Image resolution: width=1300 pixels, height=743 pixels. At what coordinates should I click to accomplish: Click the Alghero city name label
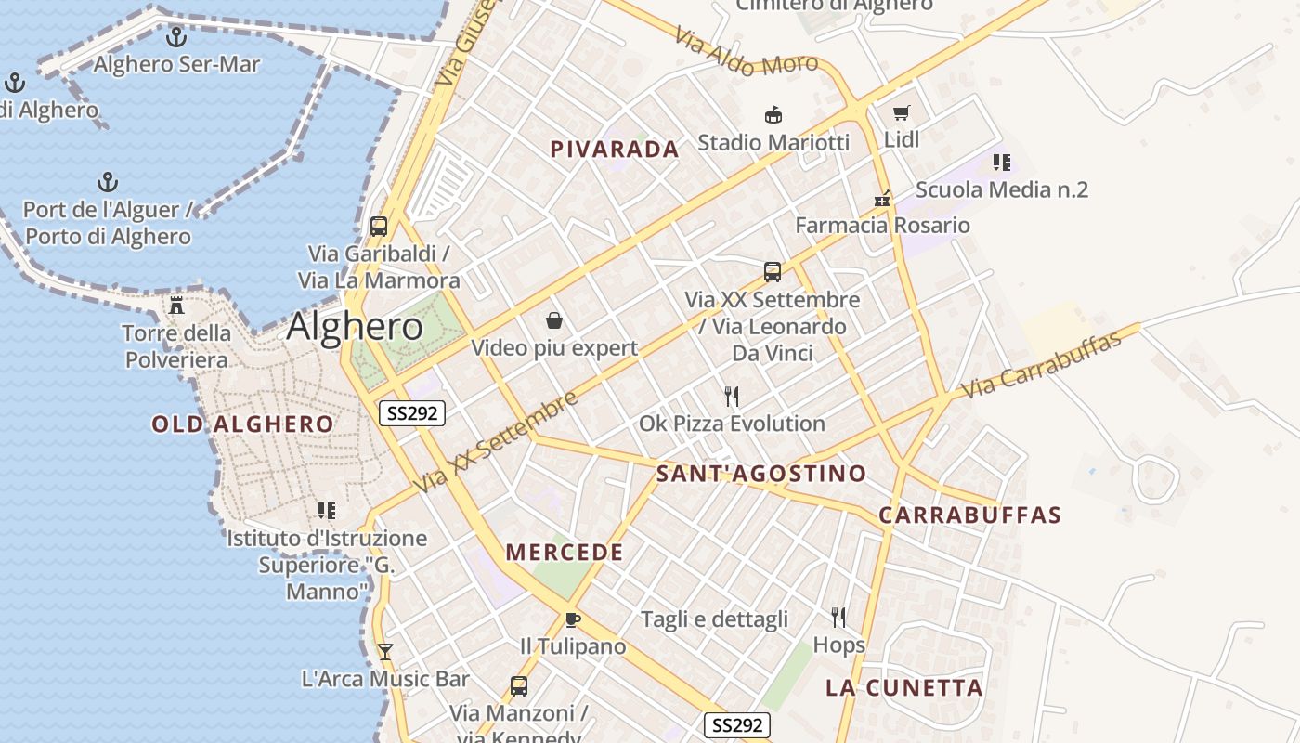click(x=355, y=327)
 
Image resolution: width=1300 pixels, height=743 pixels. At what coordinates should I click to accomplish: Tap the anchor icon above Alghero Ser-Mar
click(x=176, y=38)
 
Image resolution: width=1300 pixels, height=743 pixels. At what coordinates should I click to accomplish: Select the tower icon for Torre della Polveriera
click(x=176, y=306)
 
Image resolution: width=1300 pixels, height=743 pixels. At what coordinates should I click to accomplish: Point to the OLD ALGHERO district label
click(x=242, y=424)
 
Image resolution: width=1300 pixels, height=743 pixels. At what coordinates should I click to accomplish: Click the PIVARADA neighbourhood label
click(x=615, y=150)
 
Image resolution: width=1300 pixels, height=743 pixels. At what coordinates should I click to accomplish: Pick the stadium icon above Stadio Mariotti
click(x=773, y=114)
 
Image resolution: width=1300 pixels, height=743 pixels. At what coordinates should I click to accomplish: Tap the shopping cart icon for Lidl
click(x=901, y=113)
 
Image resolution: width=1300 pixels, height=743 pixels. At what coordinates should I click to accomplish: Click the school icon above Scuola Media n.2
click(x=1001, y=163)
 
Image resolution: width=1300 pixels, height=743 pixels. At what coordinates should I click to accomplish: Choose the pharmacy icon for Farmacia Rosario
click(x=882, y=199)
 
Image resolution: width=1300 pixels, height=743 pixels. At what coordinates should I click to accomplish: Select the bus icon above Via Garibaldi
click(x=379, y=226)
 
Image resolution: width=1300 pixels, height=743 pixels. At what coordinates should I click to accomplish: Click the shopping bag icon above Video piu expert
click(x=554, y=320)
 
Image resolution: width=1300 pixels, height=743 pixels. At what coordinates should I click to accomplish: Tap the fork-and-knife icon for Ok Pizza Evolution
click(x=732, y=397)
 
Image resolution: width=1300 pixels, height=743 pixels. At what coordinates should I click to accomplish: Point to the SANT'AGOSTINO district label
click(x=760, y=474)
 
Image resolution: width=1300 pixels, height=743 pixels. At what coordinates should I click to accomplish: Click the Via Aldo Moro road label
click(x=747, y=52)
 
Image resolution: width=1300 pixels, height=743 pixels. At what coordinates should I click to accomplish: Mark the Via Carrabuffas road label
click(x=1042, y=363)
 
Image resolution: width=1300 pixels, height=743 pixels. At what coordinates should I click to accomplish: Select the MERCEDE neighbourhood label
click(x=565, y=553)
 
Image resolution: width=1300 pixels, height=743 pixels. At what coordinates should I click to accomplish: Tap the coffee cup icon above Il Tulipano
click(x=573, y=619)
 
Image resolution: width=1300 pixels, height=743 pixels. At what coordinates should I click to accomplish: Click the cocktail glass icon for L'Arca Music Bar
click(x=385, y=651)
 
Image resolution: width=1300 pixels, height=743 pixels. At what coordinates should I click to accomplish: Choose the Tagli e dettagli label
click(x=714, y=619)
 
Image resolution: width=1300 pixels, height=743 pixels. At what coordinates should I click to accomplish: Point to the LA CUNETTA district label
click(x=904, y=688)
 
